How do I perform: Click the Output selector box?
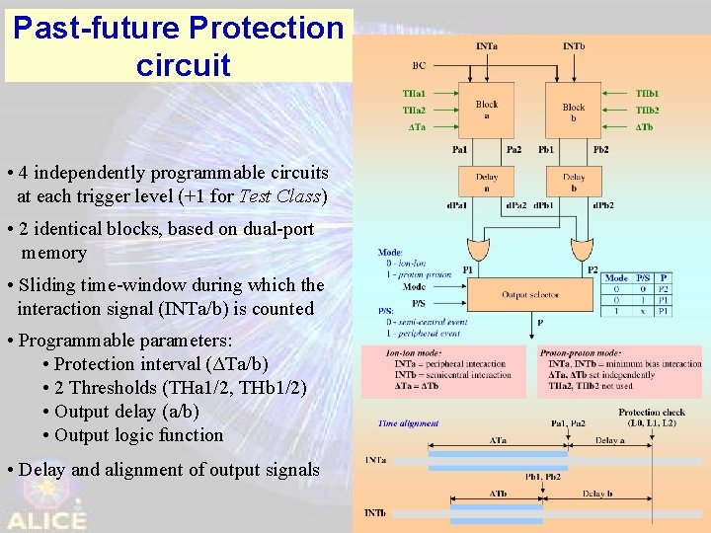coord(528,294)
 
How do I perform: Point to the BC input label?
coord(419,66)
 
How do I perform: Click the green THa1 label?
coord(415,94)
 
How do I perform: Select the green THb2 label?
coord(647,111)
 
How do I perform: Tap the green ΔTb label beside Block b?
coord(645,127)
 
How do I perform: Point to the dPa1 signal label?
coord(457,205)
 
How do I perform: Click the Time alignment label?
coord(408,423)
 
